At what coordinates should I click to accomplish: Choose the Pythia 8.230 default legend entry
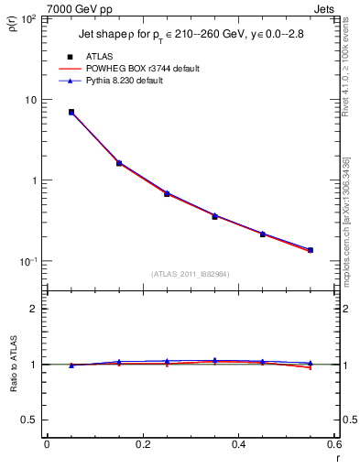pyautogui.click(x=132, y=81)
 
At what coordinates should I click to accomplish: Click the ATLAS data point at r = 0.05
pyautogui.click(x=71, y=112)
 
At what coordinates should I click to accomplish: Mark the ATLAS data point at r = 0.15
pyautogui.click(x=119, y=163)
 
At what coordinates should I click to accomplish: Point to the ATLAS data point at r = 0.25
pyautogui.click(x=167, y=194)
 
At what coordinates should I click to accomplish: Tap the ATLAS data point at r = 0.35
pyautogui.click(x=214, y=216)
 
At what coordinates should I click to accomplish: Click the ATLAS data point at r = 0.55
pyautogui.click(x=311, y=250)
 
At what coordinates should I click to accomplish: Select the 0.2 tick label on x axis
pyautogui.click(x=142, y=444)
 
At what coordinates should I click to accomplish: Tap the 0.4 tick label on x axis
pyautogui.click(x=238, y=444)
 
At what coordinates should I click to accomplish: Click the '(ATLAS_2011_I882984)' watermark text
pyautogui.click(x=190, y=274)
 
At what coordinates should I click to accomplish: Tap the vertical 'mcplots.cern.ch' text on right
pyautogui.click(x=352, y=247)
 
